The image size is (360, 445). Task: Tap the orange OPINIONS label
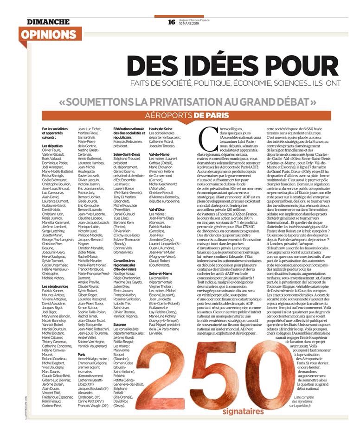[x=48, y=35]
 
